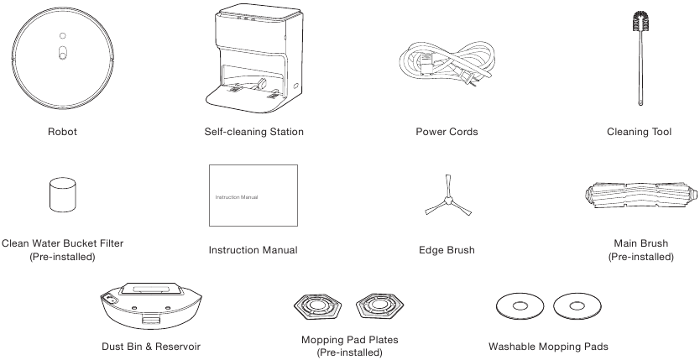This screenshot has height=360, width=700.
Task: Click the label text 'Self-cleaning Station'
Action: pyautogui.click(x=253, y=132)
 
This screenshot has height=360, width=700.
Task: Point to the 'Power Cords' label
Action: pyautogui.click(x=447, y=132)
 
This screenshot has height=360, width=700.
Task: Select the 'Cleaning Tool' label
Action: pyautogui.click(x=640, y=132)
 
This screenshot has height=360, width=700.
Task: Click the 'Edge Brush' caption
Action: pyautogui.click(x=447, y=250)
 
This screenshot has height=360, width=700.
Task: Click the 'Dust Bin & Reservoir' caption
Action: pyautogui.click(x=151, y=346)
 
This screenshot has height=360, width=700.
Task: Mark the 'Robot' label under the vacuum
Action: pyautogui.click(x=62, y=132)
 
